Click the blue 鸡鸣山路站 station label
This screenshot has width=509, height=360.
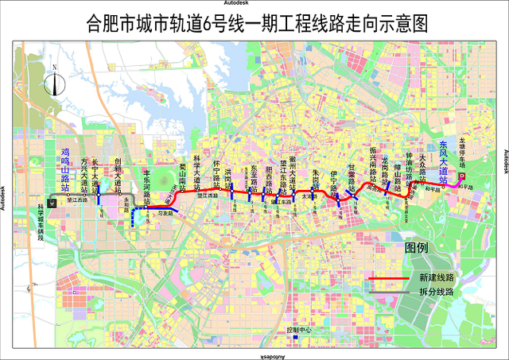67,164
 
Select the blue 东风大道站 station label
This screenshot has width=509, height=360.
443,159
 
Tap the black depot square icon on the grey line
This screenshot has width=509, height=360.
52,203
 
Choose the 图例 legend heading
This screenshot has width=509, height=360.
418,247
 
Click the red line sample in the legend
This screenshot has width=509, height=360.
391,279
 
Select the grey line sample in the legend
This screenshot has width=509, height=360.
391,292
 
